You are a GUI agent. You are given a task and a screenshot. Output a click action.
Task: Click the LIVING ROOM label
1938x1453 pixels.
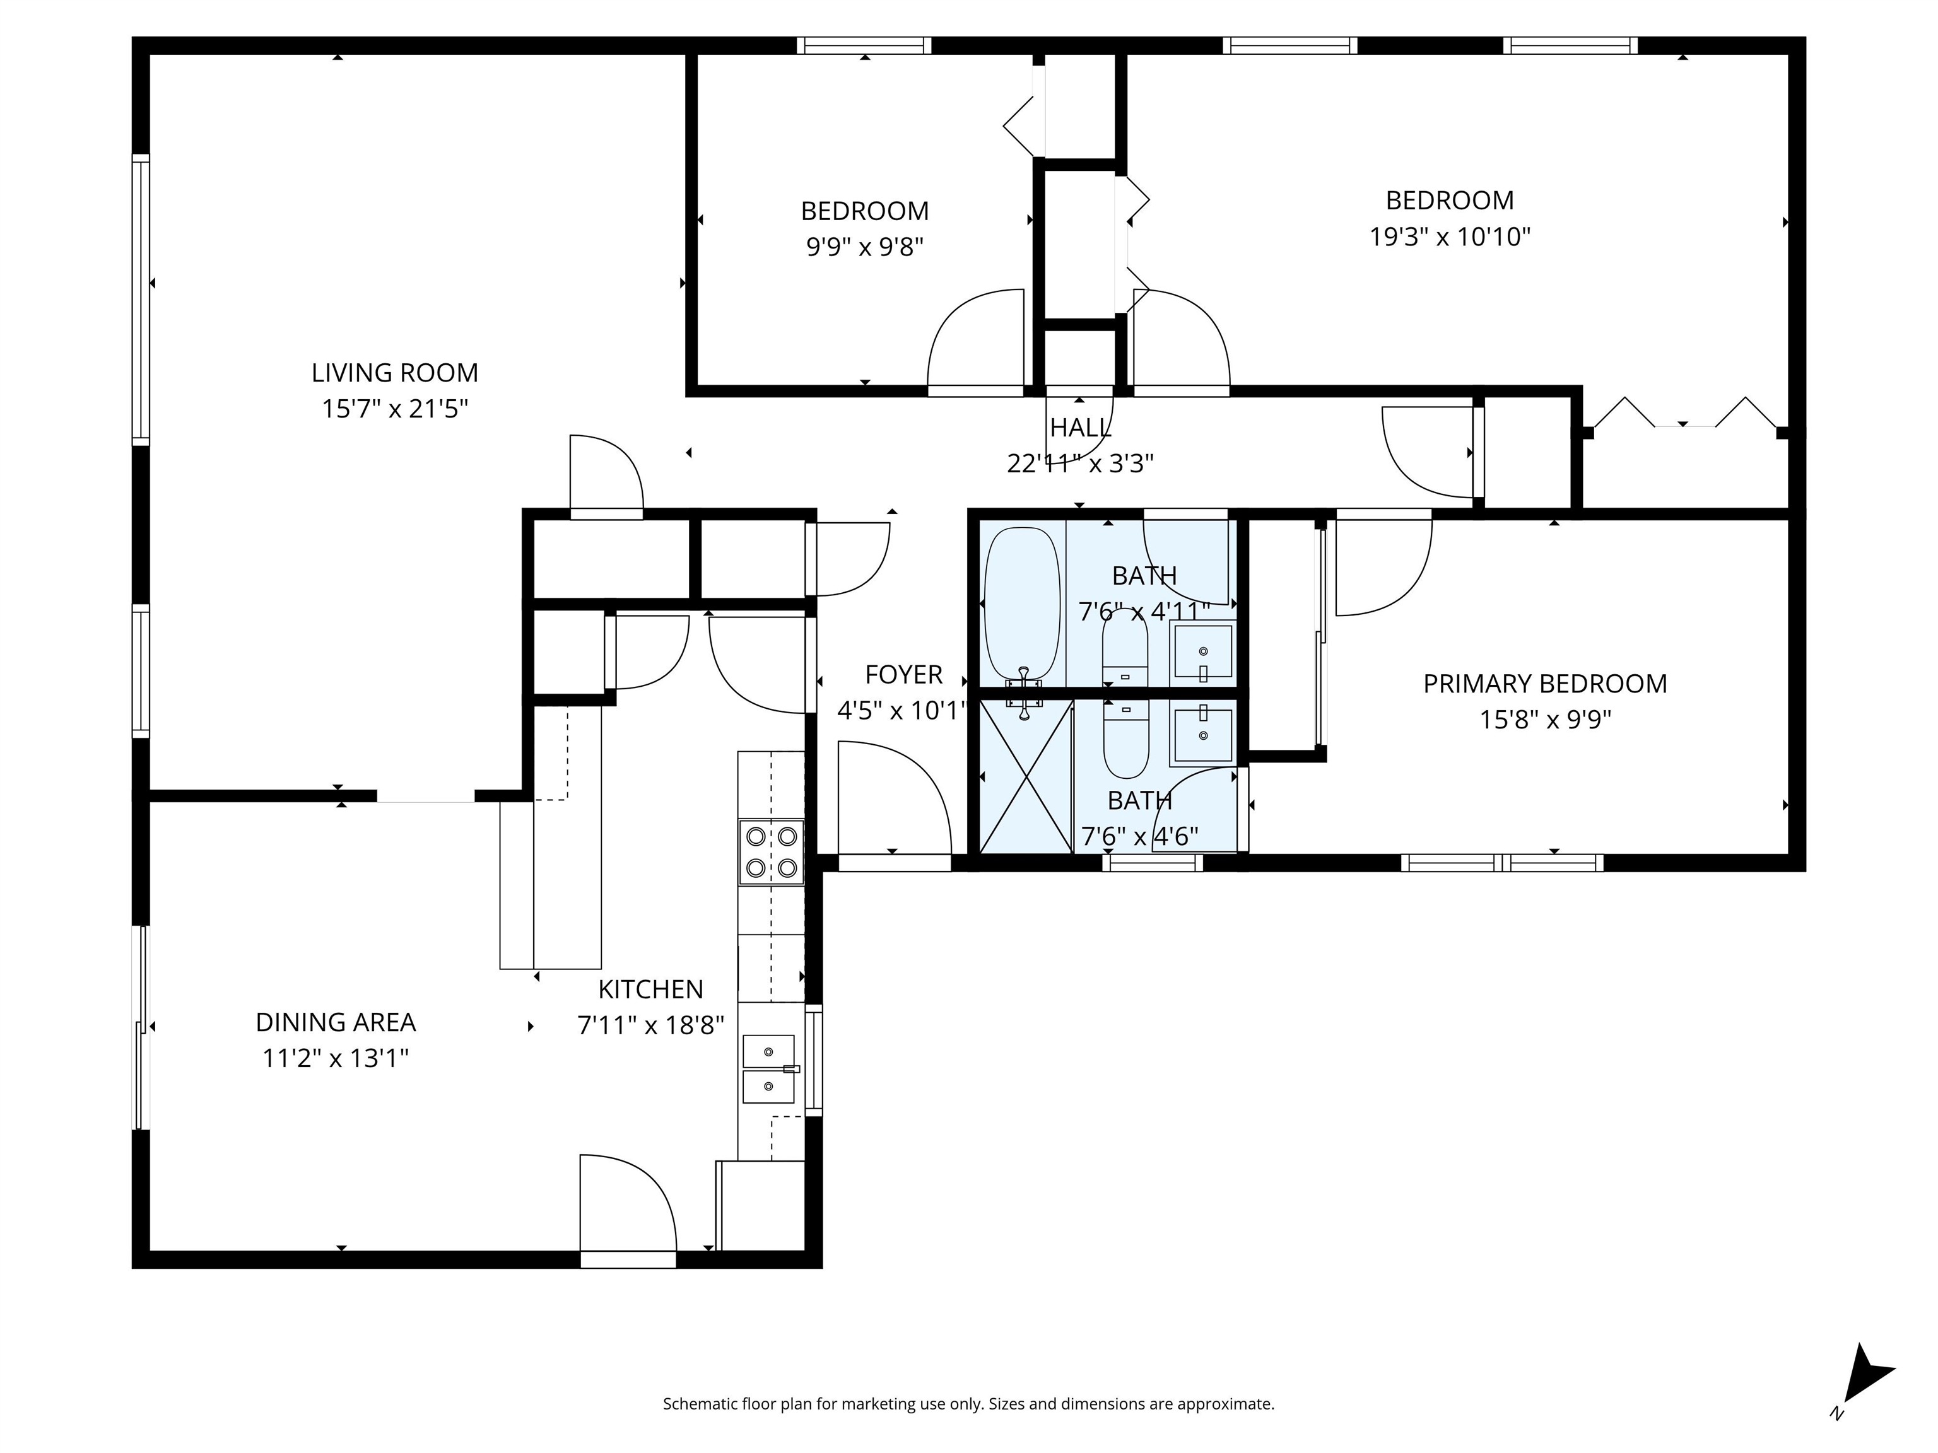click(x=394, y=373)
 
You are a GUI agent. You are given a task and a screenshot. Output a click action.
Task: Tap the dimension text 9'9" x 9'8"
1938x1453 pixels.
click(x=865, y=247)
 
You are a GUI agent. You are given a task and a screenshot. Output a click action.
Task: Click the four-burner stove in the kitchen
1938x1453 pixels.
click(x=771, y=852)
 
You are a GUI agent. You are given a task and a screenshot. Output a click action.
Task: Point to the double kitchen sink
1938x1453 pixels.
click(x=769, y=1068)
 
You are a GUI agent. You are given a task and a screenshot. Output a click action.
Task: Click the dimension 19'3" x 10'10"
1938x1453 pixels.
click(x=1449, y=236)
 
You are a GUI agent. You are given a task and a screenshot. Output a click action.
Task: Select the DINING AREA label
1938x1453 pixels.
click(x=336, y=1023)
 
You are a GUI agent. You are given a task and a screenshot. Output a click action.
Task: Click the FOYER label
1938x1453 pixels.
click(x=903, y=674)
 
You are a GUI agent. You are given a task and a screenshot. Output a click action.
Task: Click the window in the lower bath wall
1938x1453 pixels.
click(x=1152, y=863)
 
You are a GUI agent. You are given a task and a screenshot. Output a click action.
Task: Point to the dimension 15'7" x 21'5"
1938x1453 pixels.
click(x=394, y=409)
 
